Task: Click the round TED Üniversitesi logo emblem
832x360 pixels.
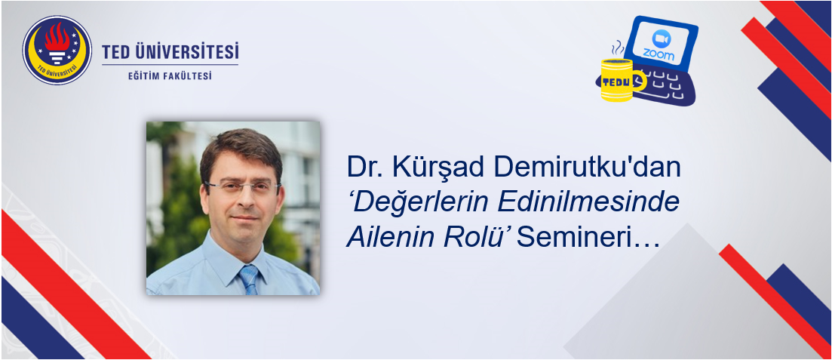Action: point(57,50)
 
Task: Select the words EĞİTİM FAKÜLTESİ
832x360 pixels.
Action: point(170,76)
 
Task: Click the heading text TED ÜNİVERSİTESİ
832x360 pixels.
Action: point(170,52)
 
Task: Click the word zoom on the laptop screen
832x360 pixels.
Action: point(659,54)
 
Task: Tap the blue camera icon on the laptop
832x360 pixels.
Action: point(661,38)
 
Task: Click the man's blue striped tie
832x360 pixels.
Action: point(249,278)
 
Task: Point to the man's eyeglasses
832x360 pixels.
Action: point(242,186)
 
